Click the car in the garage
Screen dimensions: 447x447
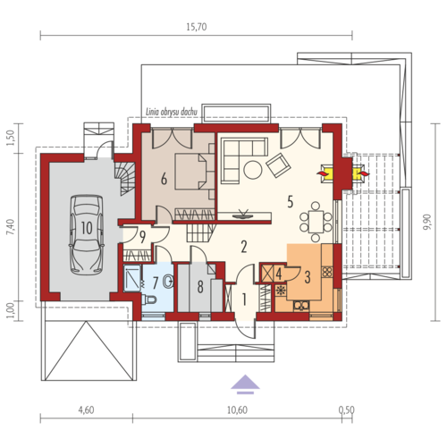tap(87, 234)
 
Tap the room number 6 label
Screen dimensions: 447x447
tap(164, 179)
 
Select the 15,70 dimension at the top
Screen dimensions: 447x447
tap(197, 27)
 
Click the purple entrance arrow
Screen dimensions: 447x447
tap(245, 384)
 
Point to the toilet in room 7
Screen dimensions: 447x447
tap(149, 299)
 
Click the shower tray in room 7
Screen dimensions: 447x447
tap(132, 278)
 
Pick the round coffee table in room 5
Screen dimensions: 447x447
tap(253, 170)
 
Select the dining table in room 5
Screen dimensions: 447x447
tap(316, 222)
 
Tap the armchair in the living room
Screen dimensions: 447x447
tap(279, 165)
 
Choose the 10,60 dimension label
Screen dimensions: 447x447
tap(237, 410)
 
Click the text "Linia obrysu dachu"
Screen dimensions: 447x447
tap(172, 113)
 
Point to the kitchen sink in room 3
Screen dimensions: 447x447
tap(301, 306)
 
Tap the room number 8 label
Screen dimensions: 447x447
tap(200, 287)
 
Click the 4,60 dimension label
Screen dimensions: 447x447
tap(86, 410)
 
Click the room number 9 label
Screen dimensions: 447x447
tap(143, 237)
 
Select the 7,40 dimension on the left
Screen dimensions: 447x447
tap(11, 227)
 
